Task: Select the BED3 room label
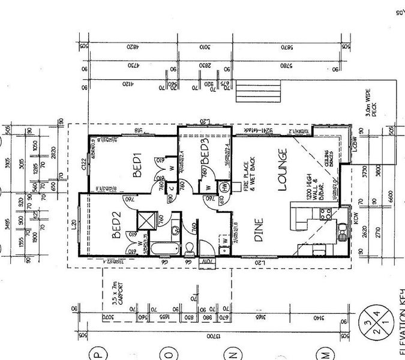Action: pos(205,156)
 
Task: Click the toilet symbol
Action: pos(188,247)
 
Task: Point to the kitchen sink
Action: pos(343,230)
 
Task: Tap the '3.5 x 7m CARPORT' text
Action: pos(118,293)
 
